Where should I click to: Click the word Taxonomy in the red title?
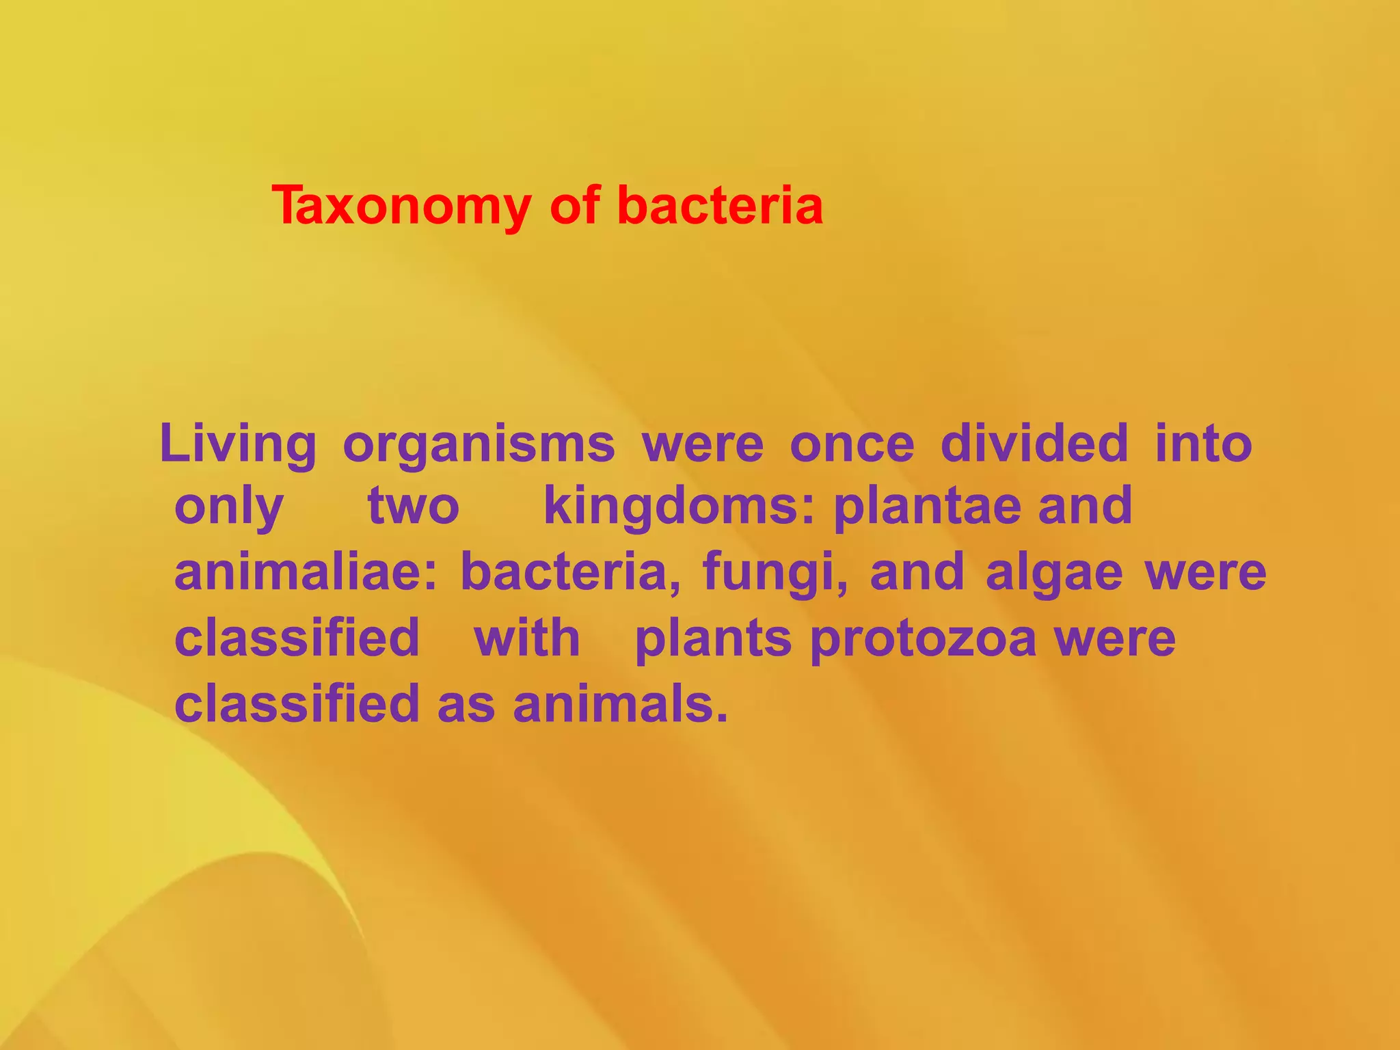pos(401,206)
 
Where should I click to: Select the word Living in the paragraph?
pos(238,444)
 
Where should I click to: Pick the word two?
pos(414,507)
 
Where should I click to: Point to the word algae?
pos(1054,573)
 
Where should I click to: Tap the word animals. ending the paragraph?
pos(621,704)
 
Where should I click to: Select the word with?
pos(526,638)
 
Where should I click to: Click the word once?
pos(852,444)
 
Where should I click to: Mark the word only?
pos(229,508)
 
